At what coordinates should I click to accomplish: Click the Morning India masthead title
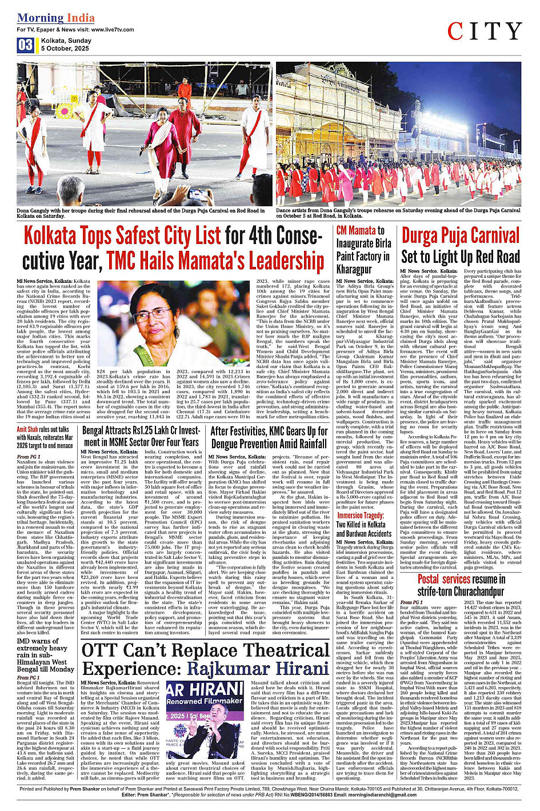coord(55,18)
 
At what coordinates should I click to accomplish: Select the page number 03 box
coord(25,45)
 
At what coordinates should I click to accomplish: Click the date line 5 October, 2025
coord(65,49)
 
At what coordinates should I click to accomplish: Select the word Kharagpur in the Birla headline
coord(354,269)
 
